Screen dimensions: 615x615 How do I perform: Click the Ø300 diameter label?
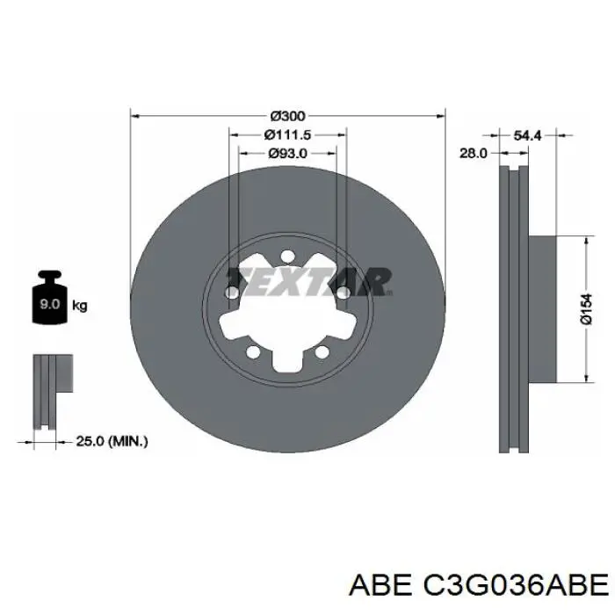coord(287,116)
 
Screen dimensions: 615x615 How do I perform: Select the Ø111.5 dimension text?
coord(287,135)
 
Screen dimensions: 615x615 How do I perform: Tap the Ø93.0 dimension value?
coord(287,154)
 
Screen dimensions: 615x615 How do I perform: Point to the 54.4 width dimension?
coord(527,135)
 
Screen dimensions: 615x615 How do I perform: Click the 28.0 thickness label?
coord(473,153)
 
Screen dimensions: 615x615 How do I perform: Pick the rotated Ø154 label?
coord(586,309)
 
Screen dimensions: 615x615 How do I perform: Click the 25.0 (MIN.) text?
coord(112,441)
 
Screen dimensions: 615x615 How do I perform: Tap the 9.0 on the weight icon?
coord(49,304)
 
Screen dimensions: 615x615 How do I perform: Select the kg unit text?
coord(80,306)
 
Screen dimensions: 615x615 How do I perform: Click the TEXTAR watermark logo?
coord(310,282)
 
